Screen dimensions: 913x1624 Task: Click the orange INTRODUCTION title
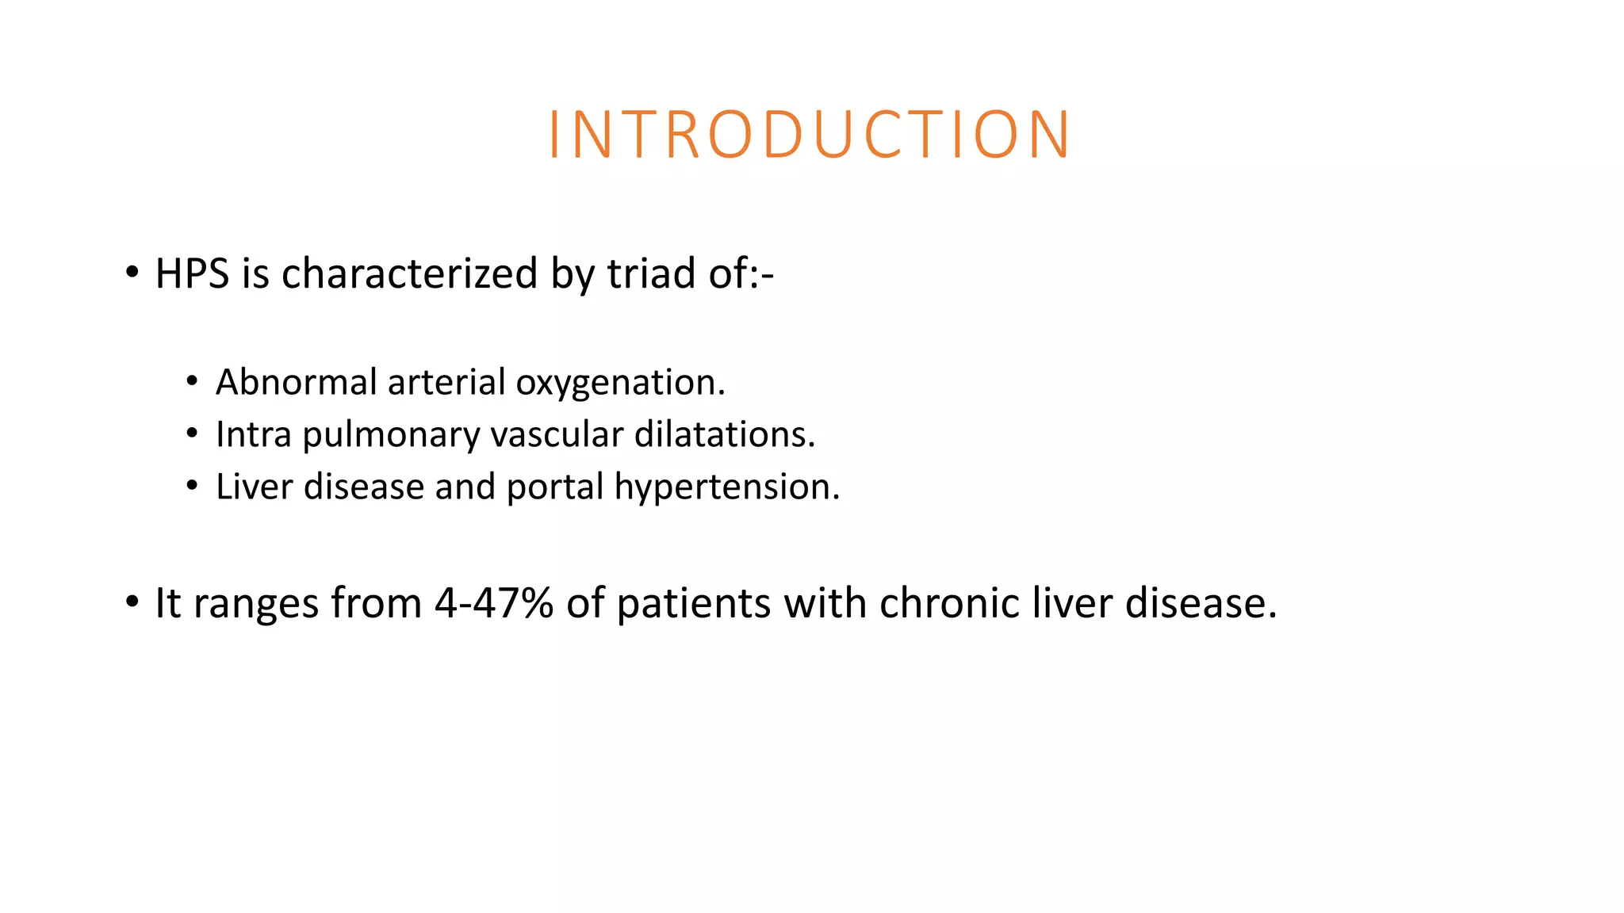point(810,135)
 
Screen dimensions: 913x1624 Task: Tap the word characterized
point(409,274)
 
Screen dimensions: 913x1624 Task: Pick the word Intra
point(253,435)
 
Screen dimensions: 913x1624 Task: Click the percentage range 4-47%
point(493,603)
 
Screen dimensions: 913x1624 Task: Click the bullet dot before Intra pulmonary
point(192,434)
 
